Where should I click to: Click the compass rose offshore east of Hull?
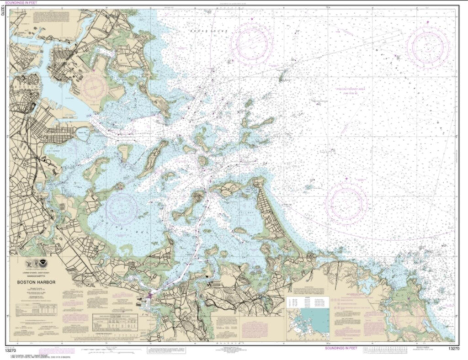(346, 203)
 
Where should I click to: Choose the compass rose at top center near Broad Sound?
(251, 44)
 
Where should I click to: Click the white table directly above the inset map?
(308, 302)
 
